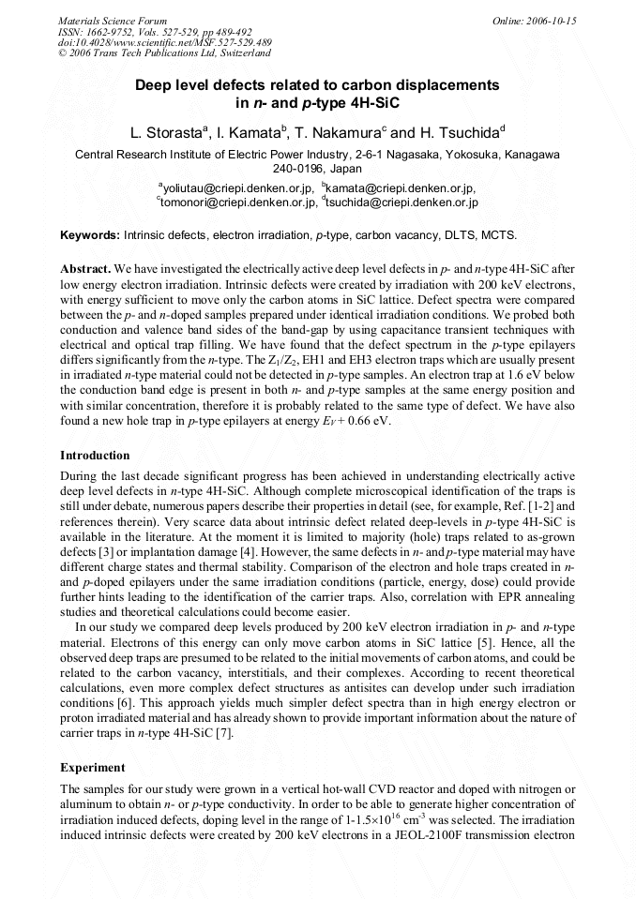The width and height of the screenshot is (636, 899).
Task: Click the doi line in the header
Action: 165,42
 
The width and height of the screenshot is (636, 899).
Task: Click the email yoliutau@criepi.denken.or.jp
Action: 235,188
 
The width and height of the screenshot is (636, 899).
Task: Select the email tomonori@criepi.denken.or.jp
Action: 236,202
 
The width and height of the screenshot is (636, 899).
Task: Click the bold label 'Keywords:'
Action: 90,234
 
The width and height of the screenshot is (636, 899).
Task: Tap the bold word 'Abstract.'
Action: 86,268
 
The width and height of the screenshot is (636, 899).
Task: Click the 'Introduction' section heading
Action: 95,456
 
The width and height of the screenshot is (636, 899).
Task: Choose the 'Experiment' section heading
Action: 92,767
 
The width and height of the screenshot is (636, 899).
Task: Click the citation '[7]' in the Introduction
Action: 224,732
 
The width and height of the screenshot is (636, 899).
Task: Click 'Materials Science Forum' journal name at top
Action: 113,20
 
